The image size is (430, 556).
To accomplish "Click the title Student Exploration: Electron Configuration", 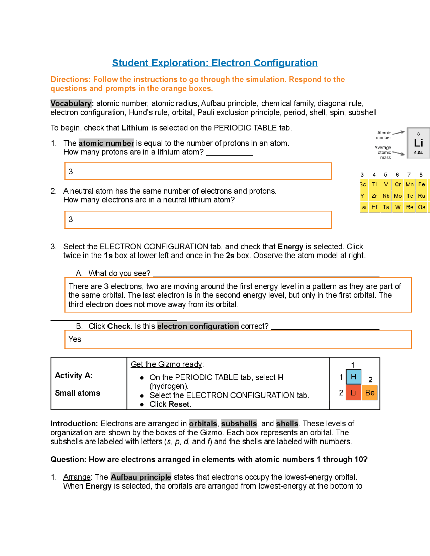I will [215, 63].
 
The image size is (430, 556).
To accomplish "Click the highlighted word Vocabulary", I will [71, 103].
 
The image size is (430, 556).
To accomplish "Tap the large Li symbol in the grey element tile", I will [418, 143].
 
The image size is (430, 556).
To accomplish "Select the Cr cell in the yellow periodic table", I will [398, 184].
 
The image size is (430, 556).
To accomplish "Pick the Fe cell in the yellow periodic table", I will [421, 184].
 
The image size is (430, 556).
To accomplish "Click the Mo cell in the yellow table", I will [398, 196].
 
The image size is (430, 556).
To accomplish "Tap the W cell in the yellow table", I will [398, 207].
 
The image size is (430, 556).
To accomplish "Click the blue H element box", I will [353, 377].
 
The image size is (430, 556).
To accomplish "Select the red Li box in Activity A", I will [353, 392].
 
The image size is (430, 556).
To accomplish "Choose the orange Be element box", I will [370, 392].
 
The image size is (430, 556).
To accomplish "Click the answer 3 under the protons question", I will [71, 172].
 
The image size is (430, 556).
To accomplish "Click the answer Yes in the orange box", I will [75, 339].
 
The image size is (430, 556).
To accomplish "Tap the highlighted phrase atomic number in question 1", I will [106, 143].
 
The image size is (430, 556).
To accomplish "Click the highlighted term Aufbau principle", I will [141, 477].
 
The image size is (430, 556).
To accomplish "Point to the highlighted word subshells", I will [239, 424].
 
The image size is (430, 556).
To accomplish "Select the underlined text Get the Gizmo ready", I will [166, 364].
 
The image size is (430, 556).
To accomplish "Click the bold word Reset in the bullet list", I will [179, 404].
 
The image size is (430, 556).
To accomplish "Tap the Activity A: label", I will [74, 375].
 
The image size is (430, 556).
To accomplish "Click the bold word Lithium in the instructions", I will [135, 128].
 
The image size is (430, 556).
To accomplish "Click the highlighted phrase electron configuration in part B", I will [198, 326].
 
